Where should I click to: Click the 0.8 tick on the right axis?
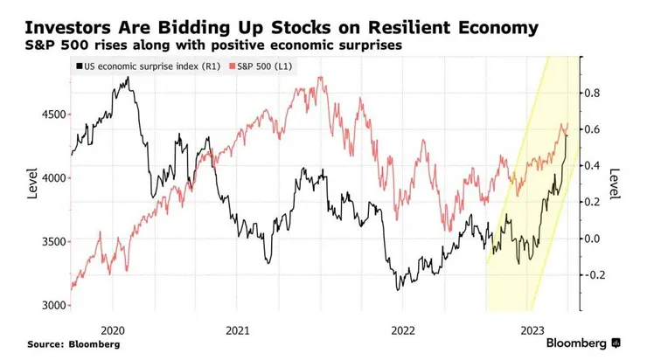click(594, 93)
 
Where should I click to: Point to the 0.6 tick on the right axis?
click(594, 129)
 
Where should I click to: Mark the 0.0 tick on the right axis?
click(594, 239)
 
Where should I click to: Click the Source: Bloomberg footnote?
click(73, 344)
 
